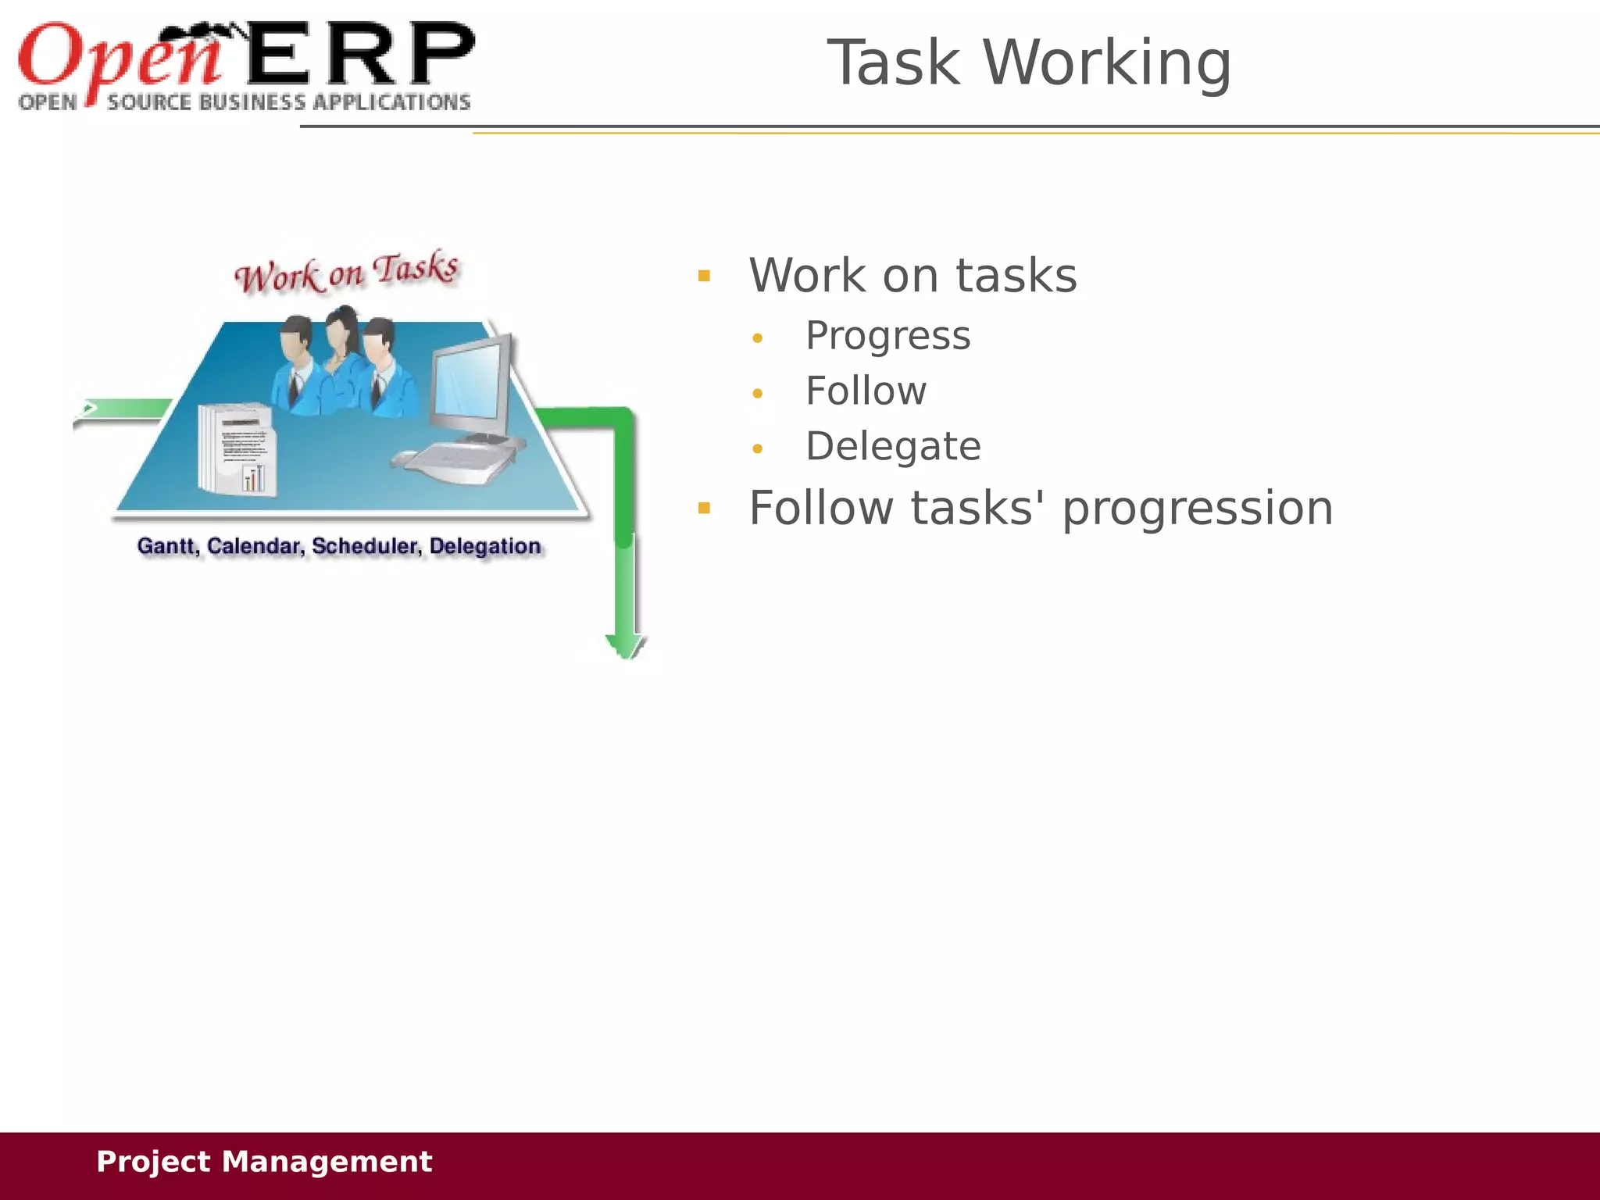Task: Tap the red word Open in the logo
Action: click(117, 59)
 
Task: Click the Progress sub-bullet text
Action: click(887, 337)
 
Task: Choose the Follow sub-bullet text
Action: click(866, 391)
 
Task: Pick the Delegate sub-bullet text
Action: click(893, 447)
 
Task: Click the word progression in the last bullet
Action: click(1197, 509)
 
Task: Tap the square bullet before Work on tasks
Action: click(704, 276)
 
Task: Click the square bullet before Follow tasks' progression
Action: click(704, 509)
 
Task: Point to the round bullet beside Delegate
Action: click(757, 448)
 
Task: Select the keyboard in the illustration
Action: click(461, 461)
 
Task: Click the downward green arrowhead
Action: click(625, 645)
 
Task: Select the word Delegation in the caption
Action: click(484, 547)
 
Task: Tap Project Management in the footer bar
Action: click(263, 1162)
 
